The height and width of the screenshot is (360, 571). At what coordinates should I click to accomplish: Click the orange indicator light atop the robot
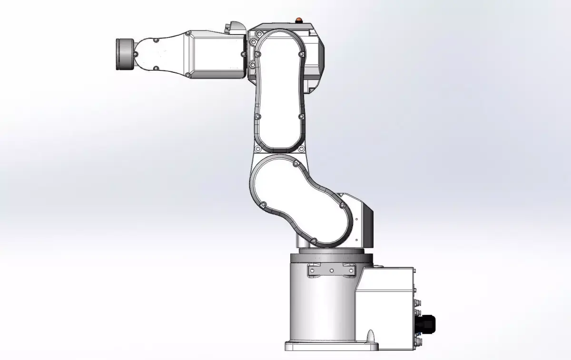coord(299,20)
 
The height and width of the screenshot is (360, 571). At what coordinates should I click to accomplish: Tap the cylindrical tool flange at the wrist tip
coord(125,54)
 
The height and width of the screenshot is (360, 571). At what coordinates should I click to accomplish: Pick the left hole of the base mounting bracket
coord(312,270)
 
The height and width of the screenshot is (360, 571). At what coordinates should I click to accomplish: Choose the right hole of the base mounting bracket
coord(351,270)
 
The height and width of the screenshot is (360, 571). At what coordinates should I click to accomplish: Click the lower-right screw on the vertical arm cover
coord(301,116)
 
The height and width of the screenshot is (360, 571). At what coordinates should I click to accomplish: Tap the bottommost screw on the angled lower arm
coord(314,240)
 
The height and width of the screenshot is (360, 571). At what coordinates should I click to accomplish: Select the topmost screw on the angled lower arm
coord(295,164)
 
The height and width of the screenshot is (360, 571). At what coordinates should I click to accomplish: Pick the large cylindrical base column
coord(321,305)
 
